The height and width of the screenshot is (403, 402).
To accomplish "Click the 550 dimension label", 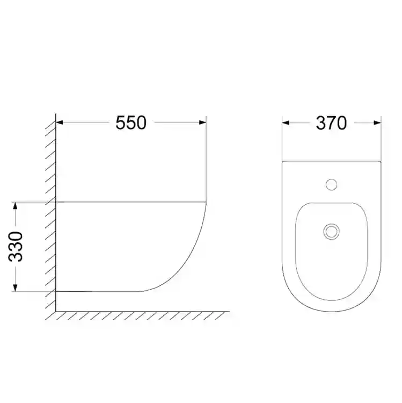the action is coord(131,123).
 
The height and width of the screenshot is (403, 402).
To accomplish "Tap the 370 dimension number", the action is coord(331,123).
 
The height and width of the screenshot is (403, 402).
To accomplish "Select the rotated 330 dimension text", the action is coord(16,247).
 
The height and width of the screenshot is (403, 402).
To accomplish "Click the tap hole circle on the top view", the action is coord(331,184).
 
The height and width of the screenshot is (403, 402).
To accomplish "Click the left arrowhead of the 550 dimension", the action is coord(59,123).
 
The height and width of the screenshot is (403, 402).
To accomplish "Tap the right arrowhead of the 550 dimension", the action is coord(203,123).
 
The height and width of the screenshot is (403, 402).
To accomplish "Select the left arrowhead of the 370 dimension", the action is coord(286,123).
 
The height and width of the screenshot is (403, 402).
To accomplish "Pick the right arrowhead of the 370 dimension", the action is coord(378,123).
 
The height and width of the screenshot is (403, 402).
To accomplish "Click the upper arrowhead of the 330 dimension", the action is coord(16,206).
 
